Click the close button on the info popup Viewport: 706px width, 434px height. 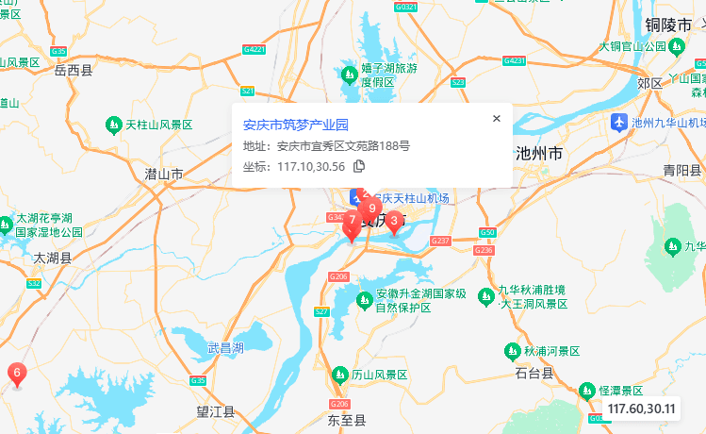496,118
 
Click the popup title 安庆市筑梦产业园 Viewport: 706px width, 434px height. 296,124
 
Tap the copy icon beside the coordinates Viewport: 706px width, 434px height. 359,167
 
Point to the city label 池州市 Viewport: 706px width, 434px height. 539,153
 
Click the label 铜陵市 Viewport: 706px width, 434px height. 669,25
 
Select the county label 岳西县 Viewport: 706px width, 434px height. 74,70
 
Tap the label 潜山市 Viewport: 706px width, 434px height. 164,175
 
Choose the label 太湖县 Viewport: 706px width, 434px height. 53,257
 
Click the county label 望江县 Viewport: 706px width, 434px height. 216,411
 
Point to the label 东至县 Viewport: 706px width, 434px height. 346,419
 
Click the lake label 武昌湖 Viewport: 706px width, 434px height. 225,347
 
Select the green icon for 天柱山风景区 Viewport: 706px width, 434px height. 112,125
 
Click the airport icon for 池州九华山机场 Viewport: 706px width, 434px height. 618,122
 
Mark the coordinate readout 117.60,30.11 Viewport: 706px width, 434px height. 642,409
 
